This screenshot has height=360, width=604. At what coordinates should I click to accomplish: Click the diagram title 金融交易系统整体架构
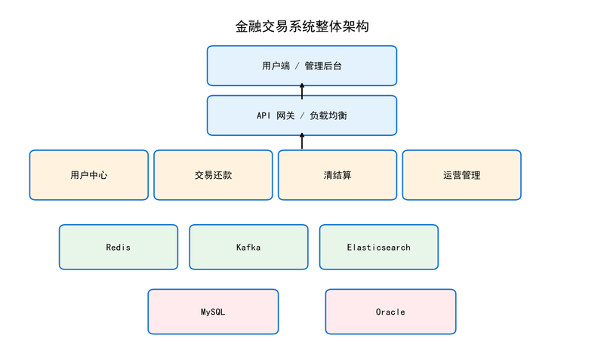302,26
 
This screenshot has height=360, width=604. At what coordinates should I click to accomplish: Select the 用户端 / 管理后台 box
302,66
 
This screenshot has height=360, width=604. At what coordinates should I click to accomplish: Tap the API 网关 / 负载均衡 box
302,115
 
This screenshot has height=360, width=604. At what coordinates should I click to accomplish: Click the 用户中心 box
89,175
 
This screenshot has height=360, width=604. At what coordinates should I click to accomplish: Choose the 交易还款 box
213,175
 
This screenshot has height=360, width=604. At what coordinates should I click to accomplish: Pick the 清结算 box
337,175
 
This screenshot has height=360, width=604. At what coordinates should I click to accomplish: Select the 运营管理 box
462,175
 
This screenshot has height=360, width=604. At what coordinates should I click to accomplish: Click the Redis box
119,248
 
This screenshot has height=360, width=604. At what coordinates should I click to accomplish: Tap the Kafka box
249,248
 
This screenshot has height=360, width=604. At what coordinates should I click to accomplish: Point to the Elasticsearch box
379,248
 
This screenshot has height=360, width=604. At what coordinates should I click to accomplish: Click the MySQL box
213,312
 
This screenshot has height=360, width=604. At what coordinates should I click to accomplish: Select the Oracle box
390,312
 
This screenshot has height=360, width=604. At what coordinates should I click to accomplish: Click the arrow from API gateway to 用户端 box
302,91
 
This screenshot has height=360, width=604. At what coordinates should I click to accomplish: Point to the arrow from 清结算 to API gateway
302,141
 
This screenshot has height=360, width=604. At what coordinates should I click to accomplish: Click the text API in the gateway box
263,115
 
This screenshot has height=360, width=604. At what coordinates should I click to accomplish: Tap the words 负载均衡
328,115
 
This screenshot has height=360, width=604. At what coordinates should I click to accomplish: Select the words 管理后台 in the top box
323,66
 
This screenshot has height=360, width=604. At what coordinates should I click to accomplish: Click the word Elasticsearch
379,248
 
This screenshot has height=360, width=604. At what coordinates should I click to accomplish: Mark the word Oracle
390,312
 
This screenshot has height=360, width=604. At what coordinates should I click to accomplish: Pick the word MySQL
213,312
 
